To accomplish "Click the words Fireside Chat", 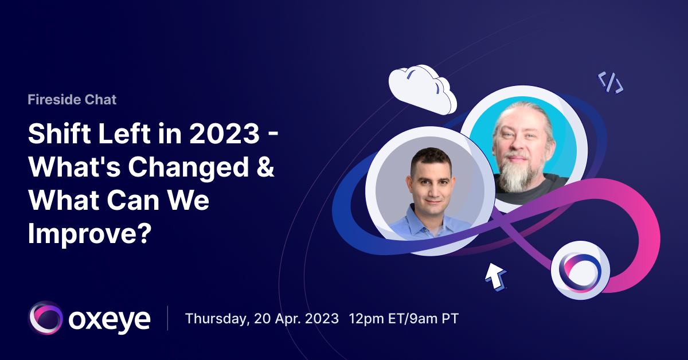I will click(x=72, y=100).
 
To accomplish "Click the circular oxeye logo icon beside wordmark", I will click(x=45, y=318).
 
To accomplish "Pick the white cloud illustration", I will click(x=422, y=88).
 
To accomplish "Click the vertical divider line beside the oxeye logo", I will click(x=168, y=318).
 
